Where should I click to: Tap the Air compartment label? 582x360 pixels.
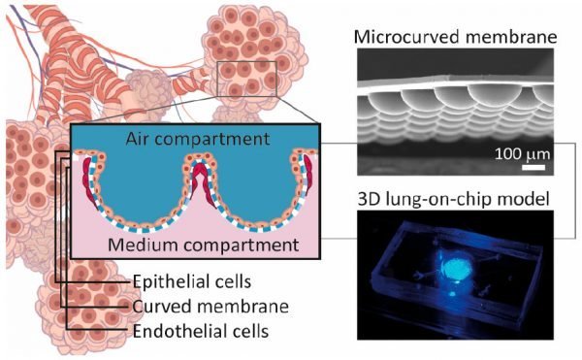click(198, 139)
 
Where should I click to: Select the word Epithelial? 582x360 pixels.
click(167, 282)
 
